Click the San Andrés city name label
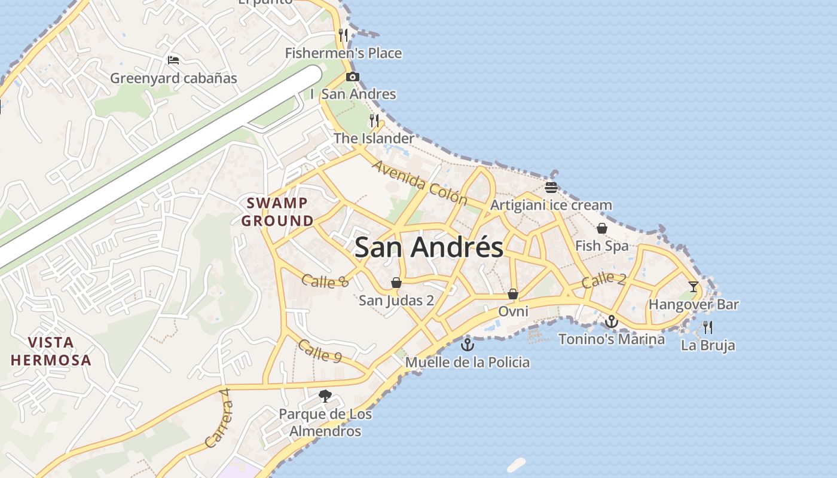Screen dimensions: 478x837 pyautogui.click(x=429, y=247)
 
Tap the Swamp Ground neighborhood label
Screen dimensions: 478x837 pyautogui.click(x=277, y=212)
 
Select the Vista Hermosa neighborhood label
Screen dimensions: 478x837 pyautogui.click(x=51, y=351)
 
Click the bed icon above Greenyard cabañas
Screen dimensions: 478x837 pyautogui.click(x=173, y=60)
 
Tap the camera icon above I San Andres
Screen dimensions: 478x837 pyautogui.click(x=353, y=76)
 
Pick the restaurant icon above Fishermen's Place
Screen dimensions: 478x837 pyautogui.click(x=343, y=35)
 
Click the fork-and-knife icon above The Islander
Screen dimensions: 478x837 pyautogui.click(x=374, y=121)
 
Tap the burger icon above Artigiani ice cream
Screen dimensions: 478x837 pyautogui.click(x=551, y=187)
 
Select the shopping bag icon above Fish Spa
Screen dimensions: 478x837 pyautogui.click(x=602, y=228)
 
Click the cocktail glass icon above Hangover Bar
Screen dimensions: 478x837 pyautogui.click(x=694, y=287)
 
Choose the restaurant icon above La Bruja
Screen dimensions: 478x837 pyautogui.click(x=708, y=327)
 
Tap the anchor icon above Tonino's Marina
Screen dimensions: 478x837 pyautogui.click(x=611, y=321)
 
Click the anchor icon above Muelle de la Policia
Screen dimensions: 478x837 pyautogui.click(x=468, y=344)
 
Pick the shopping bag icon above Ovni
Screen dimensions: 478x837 pyautogui.click(x=512, y=293)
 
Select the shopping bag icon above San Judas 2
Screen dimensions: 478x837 pyautogui.click(x=396, y=283)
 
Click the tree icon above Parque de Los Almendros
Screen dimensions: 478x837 pyautogui.click(x=325, y=396)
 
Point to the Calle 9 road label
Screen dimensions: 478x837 pyautogui.click(x=319, y=351)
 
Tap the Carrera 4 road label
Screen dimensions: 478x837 pyautogui.click(x=218, y=418)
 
